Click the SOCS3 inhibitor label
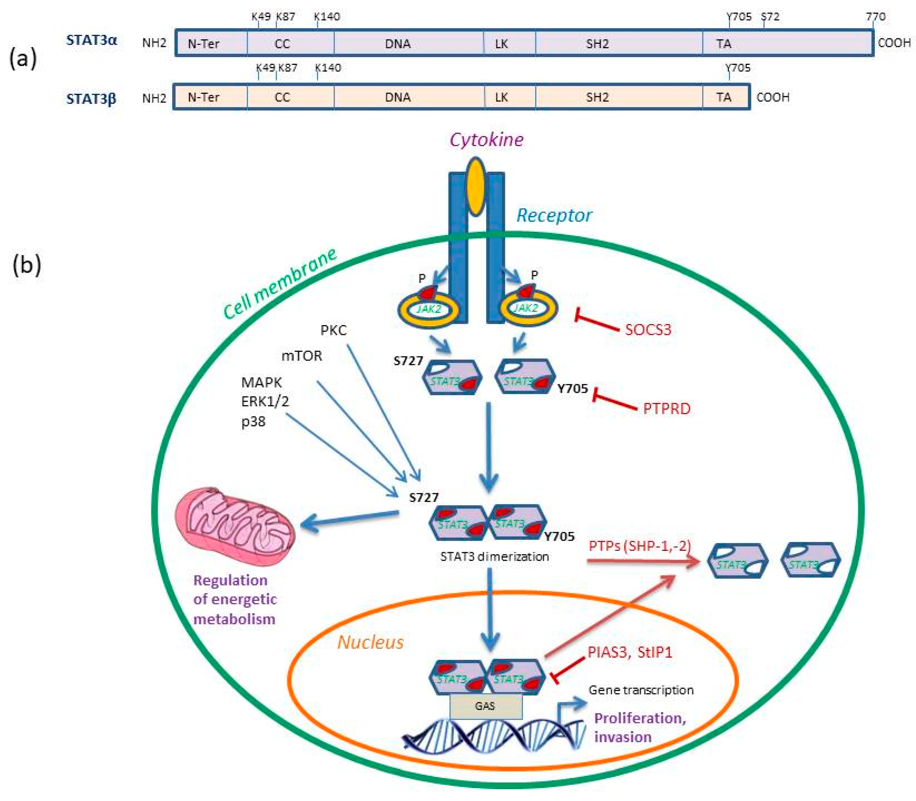(x=648, y=330)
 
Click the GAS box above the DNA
(x=485, y=706)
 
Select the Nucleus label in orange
(x=370, y=642)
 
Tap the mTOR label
(x=301, y=356)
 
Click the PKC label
(x=333, y=330)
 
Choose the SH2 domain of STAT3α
(x=597, y=44)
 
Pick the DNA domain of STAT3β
(x=398, y=97)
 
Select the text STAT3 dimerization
(x=494, y=556)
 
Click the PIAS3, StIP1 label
(x=629, y=653)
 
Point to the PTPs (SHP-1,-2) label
(x=640, y=546)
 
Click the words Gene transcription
(x=640, y=690)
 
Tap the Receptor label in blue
(x=554, y=215)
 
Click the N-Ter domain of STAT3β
(x=204, y=97)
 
